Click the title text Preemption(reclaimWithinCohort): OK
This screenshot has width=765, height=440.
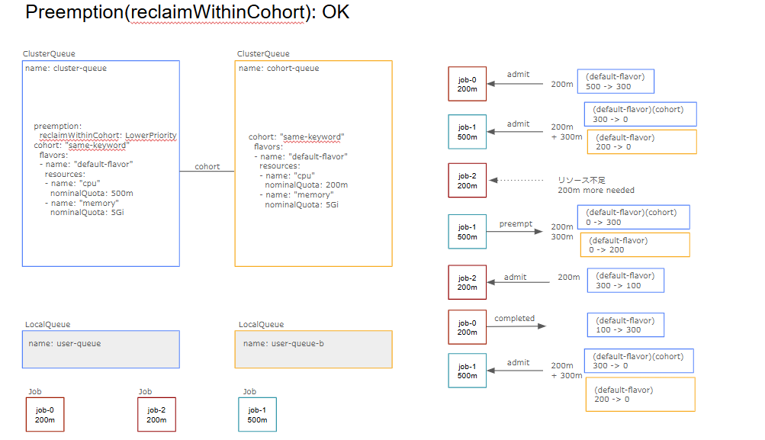tap(187, 13)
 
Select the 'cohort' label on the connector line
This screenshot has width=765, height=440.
tap(207, 166)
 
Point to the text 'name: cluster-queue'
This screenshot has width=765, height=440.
tap(66, 69)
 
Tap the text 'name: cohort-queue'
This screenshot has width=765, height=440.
tap(278, 69)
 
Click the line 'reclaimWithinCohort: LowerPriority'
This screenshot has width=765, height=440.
tap(108, 136)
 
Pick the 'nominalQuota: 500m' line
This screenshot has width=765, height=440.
tap(92, 193)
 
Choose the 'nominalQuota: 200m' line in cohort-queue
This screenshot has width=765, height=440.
tap(306, 185)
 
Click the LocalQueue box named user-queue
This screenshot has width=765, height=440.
tap(101, 349)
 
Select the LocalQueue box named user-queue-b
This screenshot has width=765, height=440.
tap(313, 349)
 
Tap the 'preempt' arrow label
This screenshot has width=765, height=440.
tap(516, 224)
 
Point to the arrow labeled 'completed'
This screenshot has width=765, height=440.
tap(517, 326)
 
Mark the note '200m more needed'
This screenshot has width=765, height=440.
tap(596, 190)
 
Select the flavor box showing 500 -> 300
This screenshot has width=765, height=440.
tap(615, 82)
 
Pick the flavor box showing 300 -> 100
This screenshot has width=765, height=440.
tap(625, 281)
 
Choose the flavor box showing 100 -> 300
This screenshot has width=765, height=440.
tap(625, 325)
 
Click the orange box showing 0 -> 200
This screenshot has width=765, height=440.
tap(633, 245)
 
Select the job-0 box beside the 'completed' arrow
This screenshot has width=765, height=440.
tap(467, 327)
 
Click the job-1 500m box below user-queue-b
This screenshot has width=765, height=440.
tap(257, 415)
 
